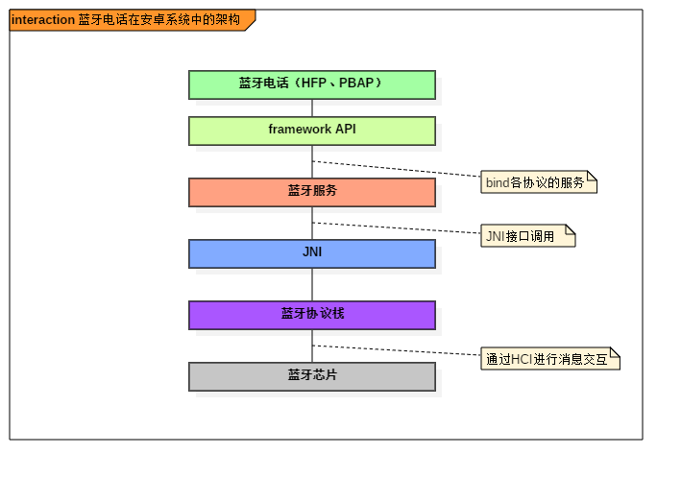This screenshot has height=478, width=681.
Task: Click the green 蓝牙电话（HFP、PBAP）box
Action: click(311, 84)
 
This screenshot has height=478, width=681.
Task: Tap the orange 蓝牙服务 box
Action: click(311, 192)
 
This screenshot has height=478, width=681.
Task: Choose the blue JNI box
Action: click(311, 253)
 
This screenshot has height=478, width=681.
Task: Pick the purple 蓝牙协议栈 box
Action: click(311, 315)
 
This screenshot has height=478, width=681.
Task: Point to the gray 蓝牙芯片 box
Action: click(311, 376)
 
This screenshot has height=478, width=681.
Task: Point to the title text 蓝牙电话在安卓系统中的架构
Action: click(158, 20)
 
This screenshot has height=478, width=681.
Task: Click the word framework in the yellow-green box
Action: click(300, 130)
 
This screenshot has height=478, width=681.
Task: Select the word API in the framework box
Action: click(345, 130)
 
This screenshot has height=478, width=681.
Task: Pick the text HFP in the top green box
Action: click(313, 84)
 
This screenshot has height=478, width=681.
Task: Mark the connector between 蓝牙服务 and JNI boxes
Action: click(311, 223)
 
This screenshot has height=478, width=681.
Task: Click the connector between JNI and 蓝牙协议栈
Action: click(311, 284)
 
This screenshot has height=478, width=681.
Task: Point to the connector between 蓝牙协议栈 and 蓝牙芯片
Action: click(311, 346)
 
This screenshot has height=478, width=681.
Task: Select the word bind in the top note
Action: click(497, 182)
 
